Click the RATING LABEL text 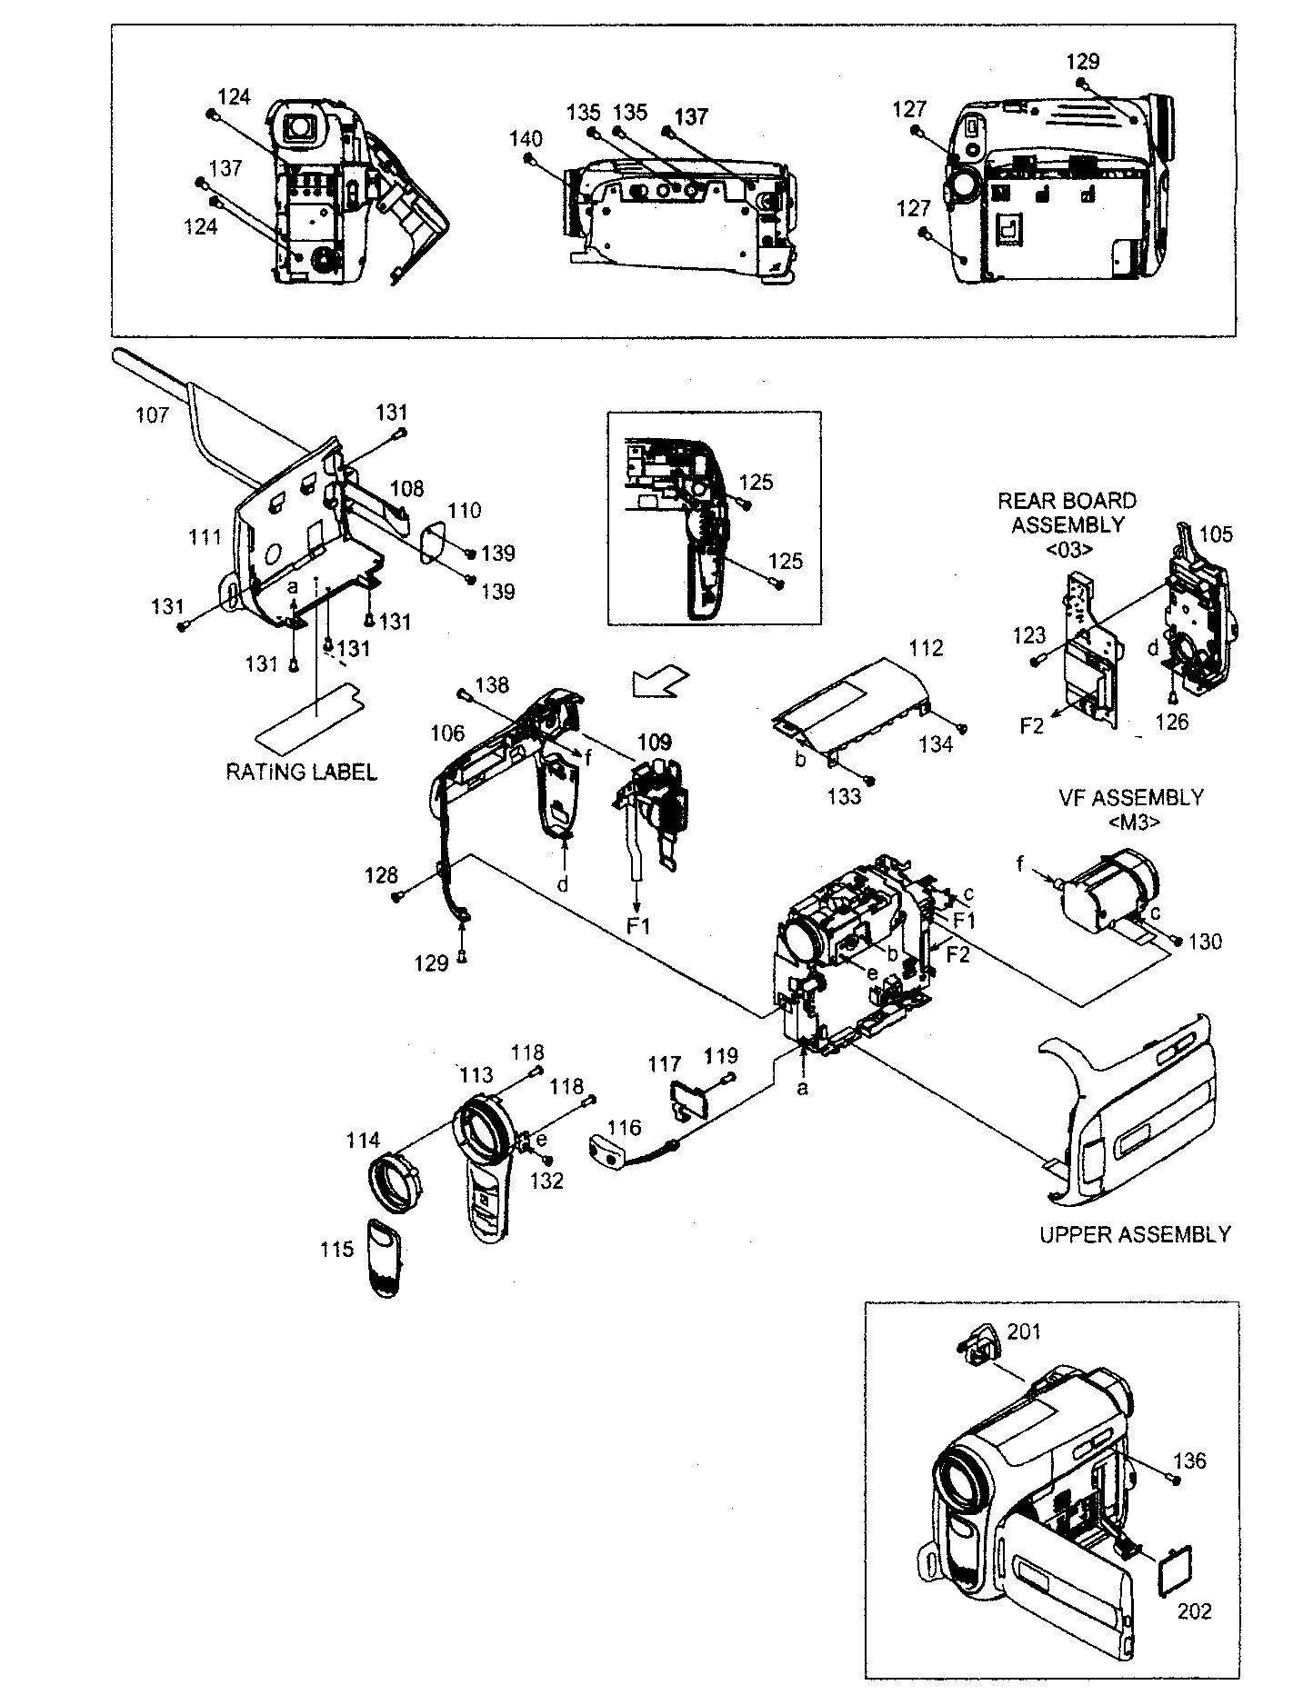point(301,772)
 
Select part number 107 point(152,414)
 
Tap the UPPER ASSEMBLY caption point(1134,1233)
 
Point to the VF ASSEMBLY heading point(1130,797)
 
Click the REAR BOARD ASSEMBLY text point(1067,513)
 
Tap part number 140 point(526,139)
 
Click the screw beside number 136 point(1177,1481)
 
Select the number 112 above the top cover point(925,648)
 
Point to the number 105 point(1215,534)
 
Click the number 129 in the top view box point(1082,62)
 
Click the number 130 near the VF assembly point(1205,942)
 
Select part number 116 point(624,1127)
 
